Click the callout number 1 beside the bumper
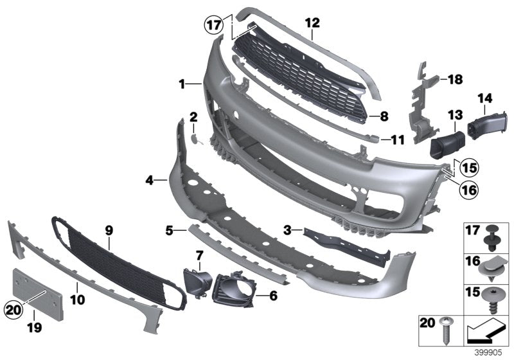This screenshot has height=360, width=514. click(x=182, y=84)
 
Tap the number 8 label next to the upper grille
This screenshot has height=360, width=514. click(x=384, y=116)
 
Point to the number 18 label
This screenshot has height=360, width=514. click(x=455, y=80)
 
